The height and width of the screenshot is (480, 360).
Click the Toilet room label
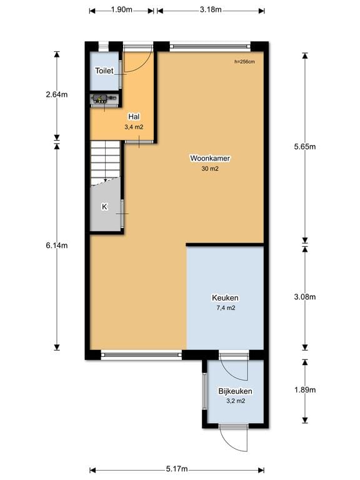(x=104, y=71)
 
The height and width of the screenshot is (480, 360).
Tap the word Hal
(x=133, y=117)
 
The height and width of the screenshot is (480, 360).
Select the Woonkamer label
(x=209, y=159)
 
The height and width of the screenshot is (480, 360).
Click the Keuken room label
(x=225, y=298)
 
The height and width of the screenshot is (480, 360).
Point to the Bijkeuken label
(x=235, y=391)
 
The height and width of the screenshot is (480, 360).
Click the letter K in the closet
(x=104, y=207)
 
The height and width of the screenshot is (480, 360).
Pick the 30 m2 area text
(x=209, y=169)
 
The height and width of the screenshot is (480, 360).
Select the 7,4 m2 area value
(x=225, y=308)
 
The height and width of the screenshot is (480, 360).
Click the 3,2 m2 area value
(x=235, y=401)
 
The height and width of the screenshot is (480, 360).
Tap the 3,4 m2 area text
(x=133, y=127)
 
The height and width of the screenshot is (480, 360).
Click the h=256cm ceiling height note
(x=245, y=61)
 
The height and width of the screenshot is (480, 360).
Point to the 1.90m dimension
(x=121, y=10)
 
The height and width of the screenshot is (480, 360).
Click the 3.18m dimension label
(x=210, y=10)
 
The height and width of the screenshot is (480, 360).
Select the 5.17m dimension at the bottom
(x=177, y=469)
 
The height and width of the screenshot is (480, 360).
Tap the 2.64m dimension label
(x=57, y=95)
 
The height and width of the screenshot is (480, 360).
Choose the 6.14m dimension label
(x=57, y=246)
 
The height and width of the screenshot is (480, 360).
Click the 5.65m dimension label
(x=305, y=147)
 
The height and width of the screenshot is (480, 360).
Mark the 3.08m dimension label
(x=305, y=297)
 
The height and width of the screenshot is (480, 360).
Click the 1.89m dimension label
(x=305, y=390)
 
